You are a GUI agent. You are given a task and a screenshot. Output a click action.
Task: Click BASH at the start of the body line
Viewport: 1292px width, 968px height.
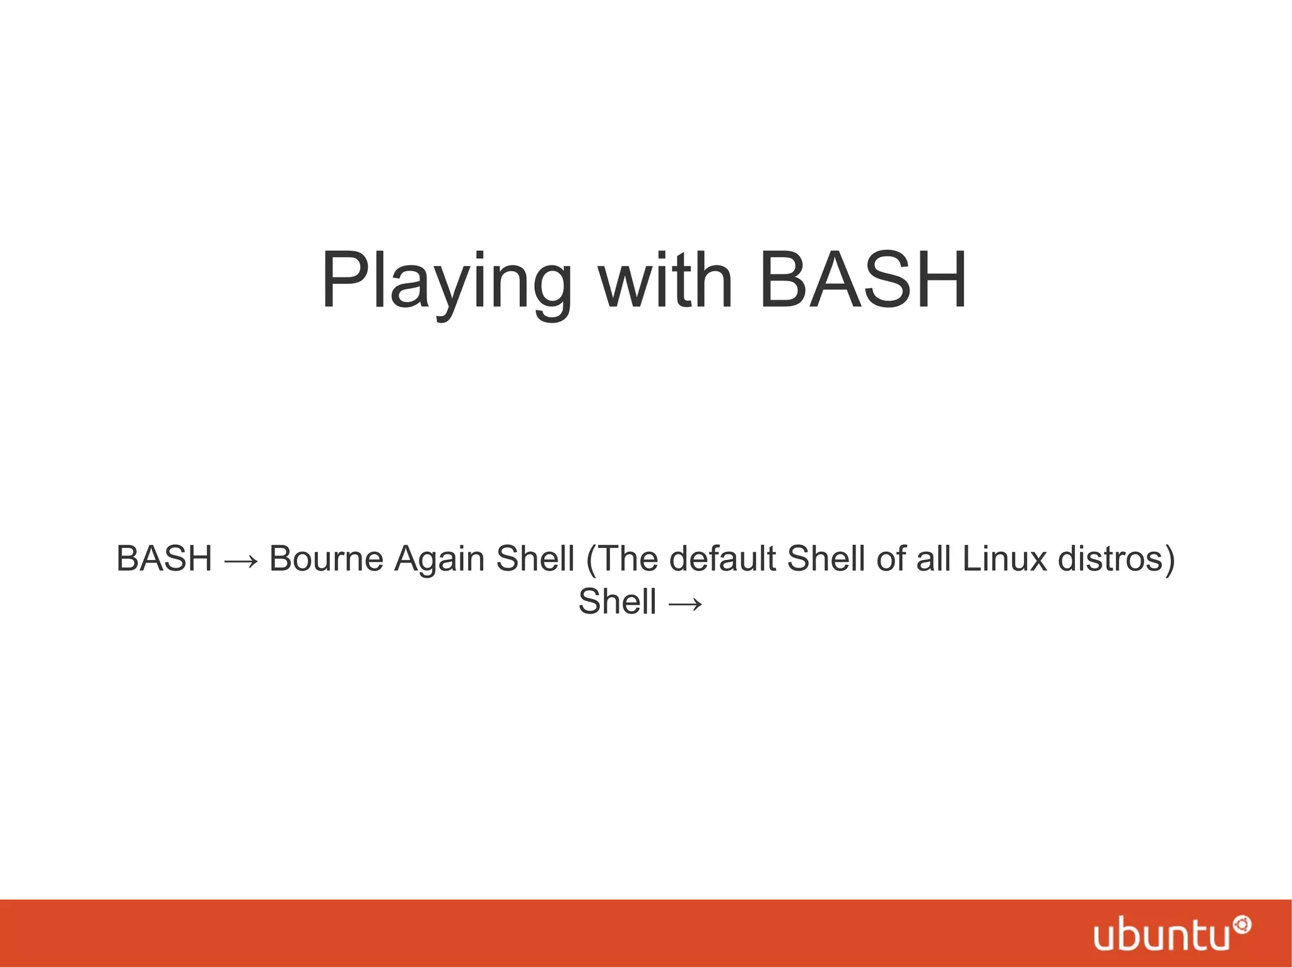(x=164, y=559)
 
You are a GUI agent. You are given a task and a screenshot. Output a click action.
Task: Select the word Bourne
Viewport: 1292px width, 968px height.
(x=326, y=559)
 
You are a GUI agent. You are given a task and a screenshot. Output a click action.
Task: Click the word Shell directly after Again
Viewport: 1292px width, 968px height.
(x=535, y=559)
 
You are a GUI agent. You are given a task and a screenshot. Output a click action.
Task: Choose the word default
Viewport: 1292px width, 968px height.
(x=722, y=559)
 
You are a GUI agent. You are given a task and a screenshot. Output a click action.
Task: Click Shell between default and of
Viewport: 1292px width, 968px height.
(x=826, y=559)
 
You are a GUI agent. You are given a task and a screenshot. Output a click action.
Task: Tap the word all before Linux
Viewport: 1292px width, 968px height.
(x=934, y=559)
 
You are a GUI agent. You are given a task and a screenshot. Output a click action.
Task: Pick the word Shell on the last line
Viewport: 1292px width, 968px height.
(x=617, y=602)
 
